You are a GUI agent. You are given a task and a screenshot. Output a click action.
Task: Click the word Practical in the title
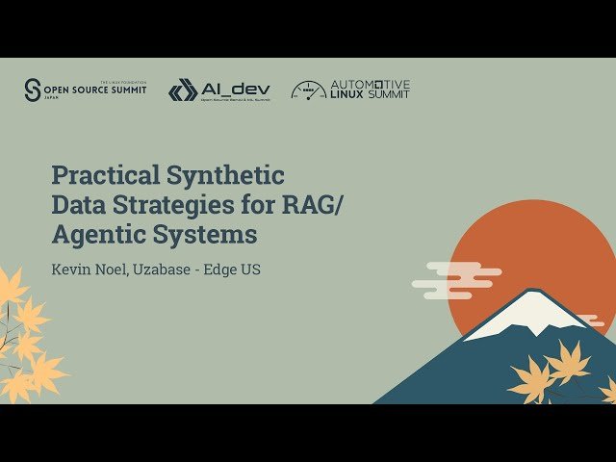[104, 175]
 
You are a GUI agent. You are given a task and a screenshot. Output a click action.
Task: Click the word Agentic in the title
[98, 234]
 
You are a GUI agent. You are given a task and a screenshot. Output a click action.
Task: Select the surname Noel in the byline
[114, 269]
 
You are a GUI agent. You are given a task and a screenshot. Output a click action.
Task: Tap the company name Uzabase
[167, 269]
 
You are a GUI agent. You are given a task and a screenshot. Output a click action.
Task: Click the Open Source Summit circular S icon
[33, 90]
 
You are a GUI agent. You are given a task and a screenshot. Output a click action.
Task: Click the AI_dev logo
[219, 90]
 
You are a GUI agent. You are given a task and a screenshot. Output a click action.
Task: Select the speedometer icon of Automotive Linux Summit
[308, 90]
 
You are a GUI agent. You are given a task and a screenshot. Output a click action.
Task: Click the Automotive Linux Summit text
[370, 90]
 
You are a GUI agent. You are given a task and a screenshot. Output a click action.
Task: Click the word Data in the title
[77, 204]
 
